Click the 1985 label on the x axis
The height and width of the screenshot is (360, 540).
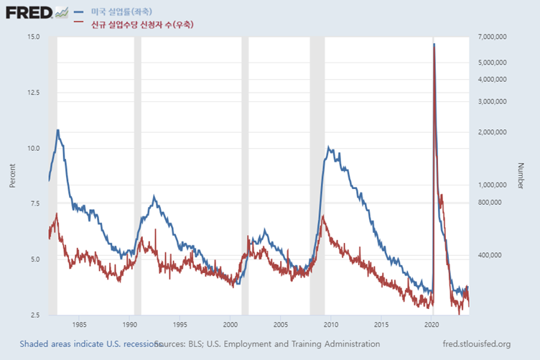[79, 323]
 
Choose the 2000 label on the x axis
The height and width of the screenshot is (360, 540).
[230, 323]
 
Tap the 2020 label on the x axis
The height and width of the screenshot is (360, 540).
[432, 323]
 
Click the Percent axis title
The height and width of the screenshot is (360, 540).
[12, 175]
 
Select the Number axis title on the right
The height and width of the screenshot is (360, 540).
[521, 175]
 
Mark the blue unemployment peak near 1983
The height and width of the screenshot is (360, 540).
[57, 130]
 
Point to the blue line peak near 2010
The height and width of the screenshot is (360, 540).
[328, 147]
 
